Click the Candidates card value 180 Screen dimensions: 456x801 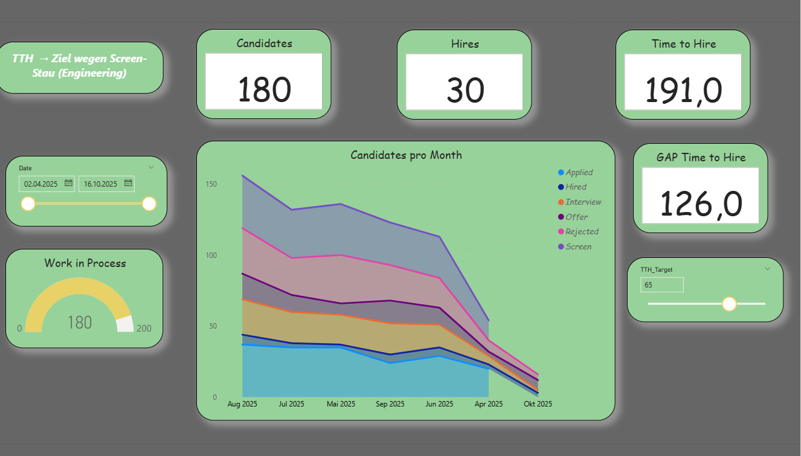[264, 89]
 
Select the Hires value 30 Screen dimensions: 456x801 [465, 90]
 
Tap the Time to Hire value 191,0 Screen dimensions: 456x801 [683, 90]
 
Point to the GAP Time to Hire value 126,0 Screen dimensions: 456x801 [701, 203]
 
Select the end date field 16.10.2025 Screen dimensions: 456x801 [101, 184]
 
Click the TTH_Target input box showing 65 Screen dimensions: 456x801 [661, 284]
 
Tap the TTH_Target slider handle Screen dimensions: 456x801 [729, 304]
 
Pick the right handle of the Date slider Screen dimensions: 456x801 [149, 204]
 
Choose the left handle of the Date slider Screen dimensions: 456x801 [28, 204]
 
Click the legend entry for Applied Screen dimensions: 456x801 [579, 172]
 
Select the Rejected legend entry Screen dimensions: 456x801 [582, 231]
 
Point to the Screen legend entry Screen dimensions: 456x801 [578, 246]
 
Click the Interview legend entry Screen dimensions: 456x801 [583, 202]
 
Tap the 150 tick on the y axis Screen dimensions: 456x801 [211, 184]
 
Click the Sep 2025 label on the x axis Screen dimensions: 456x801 [390, 403]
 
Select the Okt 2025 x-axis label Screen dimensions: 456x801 [537, 403]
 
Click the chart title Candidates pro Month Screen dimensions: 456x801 [406, 155]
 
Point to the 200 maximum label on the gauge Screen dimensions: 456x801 [144, 329]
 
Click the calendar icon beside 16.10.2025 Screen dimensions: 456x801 [128, 183]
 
